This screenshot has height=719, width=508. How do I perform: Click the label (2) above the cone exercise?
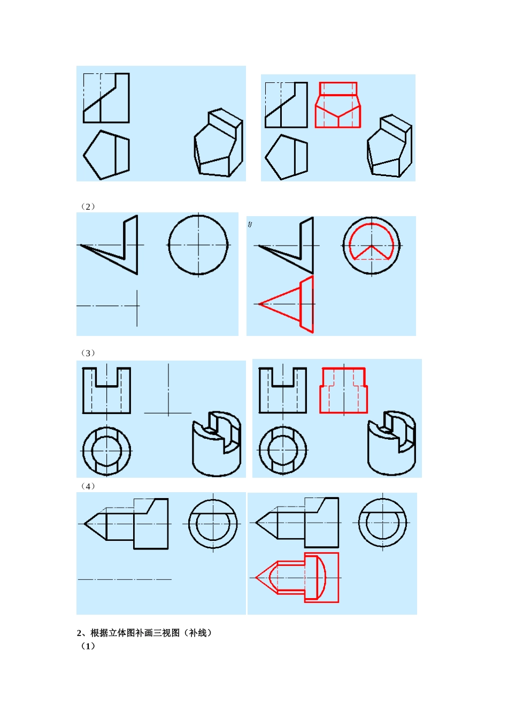point(88,206)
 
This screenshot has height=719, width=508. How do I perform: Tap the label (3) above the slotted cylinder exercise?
point(88,353)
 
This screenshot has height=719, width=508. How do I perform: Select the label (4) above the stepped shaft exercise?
point(88,486)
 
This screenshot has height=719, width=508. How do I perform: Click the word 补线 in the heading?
point(198,633)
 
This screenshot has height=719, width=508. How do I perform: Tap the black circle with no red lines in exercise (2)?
point(169,245)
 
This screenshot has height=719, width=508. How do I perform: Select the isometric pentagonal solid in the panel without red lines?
point(219,142)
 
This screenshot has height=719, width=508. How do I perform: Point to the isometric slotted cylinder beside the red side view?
point(391,442)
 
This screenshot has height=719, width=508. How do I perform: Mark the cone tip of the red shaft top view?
point(256,577)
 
